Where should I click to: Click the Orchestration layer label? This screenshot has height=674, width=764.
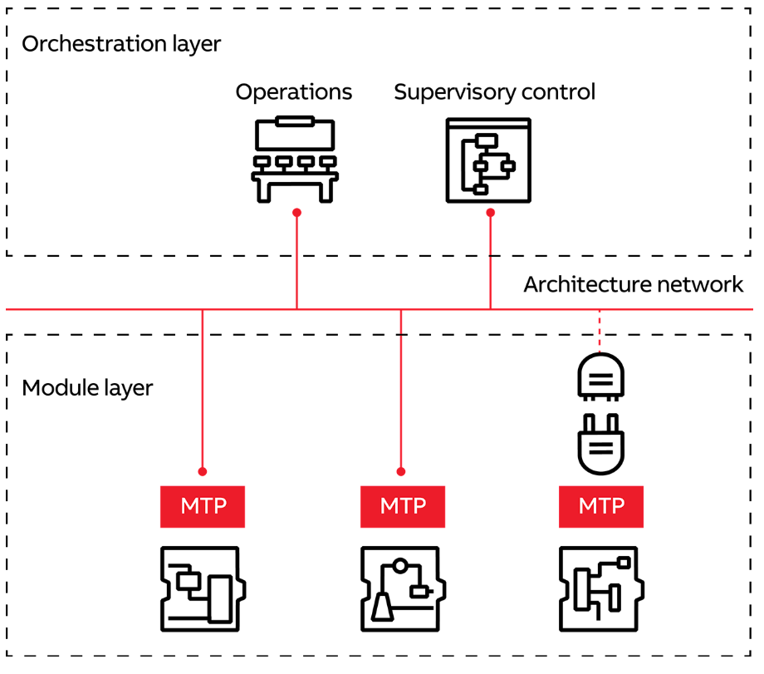tap(121, 43)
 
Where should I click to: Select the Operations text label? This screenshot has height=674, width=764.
tap(294, 91)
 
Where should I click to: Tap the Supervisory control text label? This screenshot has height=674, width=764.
tap(494, 91)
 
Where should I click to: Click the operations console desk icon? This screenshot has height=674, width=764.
tap(295, 159)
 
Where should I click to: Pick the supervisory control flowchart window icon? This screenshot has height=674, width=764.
tap(488, 160)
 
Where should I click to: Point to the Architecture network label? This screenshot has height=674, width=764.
tap(633, 285)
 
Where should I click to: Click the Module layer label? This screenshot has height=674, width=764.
tap(87, 388)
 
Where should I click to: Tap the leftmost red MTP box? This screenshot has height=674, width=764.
tap(203, 506)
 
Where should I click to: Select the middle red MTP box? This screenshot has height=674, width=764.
tap(402, 506)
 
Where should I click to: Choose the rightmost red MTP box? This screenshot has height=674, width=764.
tap(600, 506)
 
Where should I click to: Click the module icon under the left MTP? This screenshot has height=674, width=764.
tap(203, 588)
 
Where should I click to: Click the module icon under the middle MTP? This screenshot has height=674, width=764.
tap(402, 588)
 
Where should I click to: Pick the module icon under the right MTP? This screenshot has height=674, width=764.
tap(600, 588)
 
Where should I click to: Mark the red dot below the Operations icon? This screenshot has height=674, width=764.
tap(296, 213)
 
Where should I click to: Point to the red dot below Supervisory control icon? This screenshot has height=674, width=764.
tap(490, 213)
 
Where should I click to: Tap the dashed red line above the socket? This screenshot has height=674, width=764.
tap(600, 331)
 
